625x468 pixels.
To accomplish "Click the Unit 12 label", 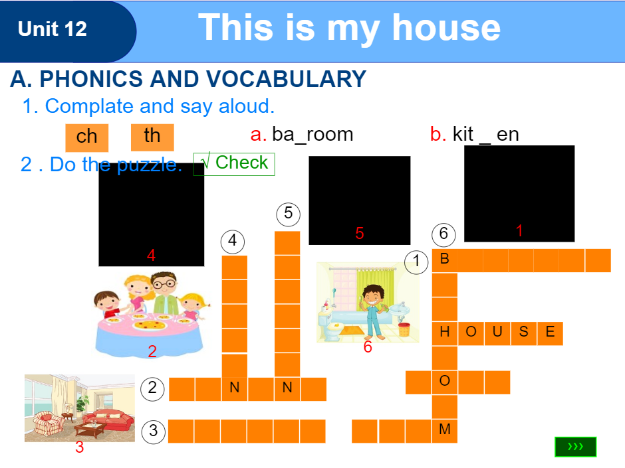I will [x=53, y=29].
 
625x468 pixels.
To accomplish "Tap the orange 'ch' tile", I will [x=86, y=137].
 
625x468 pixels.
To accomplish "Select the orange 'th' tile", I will [x=152, y=136].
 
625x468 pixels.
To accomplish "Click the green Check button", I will [x=234, y=163].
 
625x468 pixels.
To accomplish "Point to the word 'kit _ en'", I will [x=485, y=134].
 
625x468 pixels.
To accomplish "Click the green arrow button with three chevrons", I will [x=575, y=447].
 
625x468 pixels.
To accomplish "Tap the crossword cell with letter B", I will [x=445, y=260].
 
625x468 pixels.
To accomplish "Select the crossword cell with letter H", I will [x=445, y=333].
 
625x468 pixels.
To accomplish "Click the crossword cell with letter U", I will [x=497, y=333].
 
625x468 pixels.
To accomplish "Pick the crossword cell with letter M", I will [x=445, y=430].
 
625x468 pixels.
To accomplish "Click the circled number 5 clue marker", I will [x=288, y=214].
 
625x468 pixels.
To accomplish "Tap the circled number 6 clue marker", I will [x=443, y=234].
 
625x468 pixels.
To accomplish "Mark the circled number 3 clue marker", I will [x=153, y=431].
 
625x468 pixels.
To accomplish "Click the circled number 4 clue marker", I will [x=233, y=241].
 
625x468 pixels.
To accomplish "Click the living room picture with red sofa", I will [x=79, y=408].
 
